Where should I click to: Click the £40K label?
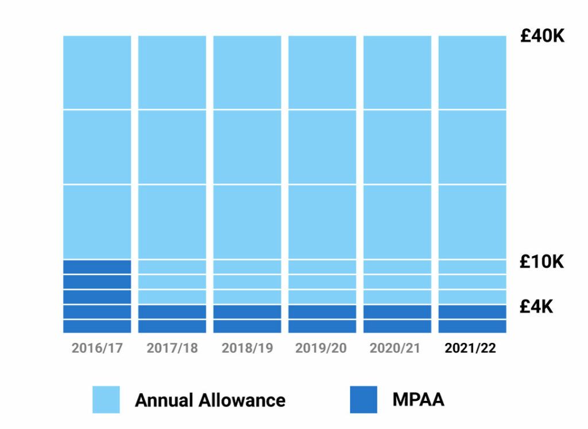(543, 36)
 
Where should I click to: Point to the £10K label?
(542, 262)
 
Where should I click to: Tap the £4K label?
(536, 307)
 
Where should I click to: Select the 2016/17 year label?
(97, 349)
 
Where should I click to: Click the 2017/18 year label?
(172, 349)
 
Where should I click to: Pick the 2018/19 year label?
(247, 349)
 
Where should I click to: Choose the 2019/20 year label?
(322, 349)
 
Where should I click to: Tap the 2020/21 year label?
(397, 349)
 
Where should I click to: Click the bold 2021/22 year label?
(471, 349)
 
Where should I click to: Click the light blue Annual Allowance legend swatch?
(106, 400)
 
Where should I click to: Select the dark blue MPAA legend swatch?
(363, 400)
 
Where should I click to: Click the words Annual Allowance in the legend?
(210, 400)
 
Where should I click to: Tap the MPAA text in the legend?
(418, 399)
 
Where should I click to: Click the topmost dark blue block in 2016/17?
(97, 266)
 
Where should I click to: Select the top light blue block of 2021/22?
(472, 72)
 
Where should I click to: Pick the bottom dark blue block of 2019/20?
(322, 326)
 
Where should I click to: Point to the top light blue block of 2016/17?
(97, 72)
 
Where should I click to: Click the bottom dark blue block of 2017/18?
(172, 326)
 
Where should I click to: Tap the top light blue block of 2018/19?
(247, 72)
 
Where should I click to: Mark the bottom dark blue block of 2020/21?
(397, 326)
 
